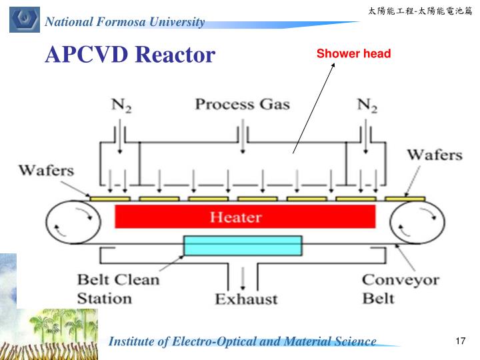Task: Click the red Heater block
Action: (245, 217)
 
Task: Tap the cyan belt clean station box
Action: (243, 245)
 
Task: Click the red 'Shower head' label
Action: (353, 53)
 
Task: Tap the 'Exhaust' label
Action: (246, 299)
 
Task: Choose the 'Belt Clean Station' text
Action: (118, 288)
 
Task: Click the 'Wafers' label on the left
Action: (46, 169)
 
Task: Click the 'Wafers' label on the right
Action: (434, 155)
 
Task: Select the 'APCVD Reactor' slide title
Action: (130, 54)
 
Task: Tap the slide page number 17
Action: (459, 341)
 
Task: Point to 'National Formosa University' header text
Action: (125, 22)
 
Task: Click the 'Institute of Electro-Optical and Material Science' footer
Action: (242, 341)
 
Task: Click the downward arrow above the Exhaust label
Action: (245, 275)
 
